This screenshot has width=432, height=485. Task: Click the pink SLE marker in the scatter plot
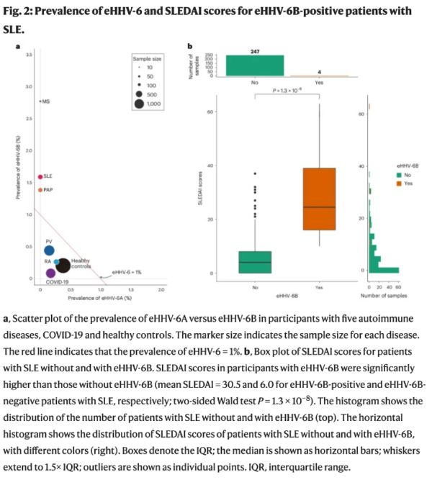[x=40, y=176]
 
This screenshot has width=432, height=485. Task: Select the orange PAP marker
[x=40, y=190]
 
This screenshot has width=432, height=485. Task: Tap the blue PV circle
[x=49, y=250]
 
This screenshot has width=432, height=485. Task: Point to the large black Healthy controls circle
[x=63, y=266]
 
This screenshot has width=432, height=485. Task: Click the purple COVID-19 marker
[x=50, y=273]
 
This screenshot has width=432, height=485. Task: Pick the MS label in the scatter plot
[x=44, y=102]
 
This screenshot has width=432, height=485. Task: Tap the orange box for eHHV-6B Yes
[x=319, y=199]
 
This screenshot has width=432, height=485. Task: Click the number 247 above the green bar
[x=255, y=52]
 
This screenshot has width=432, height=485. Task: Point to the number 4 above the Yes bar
[x=319, y=71]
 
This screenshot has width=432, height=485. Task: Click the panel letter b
[x=190, y=47]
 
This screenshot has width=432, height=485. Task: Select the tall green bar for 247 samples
[x=255, y=65]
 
